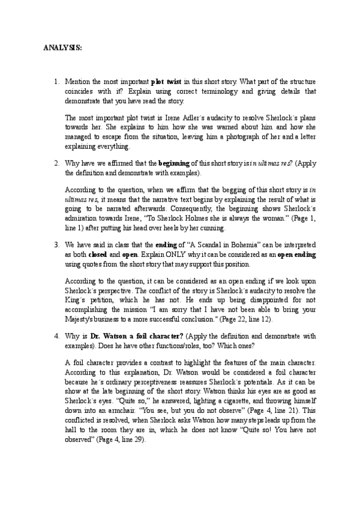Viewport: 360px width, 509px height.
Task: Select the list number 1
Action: [56, 80]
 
